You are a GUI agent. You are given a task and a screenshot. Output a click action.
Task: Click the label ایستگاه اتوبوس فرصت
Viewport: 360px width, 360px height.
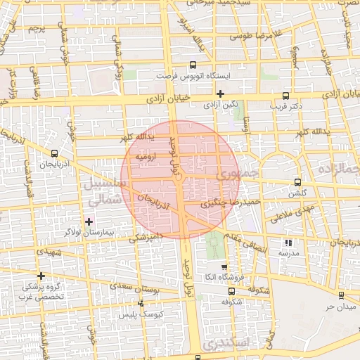click(x=207, y=75)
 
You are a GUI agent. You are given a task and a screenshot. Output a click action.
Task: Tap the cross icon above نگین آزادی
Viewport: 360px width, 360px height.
click(x=220, y=93)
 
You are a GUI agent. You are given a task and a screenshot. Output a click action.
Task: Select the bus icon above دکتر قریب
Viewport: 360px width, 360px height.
click(x=285, y=96)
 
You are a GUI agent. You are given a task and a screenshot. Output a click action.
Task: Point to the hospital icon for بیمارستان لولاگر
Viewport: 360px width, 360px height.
click(x=89, y=222)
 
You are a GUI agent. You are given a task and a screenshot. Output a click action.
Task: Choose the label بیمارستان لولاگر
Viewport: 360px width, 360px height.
click(x=89, y=231)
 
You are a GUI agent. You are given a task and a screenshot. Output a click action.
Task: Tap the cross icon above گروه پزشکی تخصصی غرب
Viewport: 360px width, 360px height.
click(x=41, y=276)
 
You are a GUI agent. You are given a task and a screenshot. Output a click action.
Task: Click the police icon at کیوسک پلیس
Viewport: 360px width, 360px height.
click(x=141, y=303)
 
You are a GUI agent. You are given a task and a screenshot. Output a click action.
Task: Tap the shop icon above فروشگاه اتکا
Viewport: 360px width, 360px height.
click(x=224, y=267)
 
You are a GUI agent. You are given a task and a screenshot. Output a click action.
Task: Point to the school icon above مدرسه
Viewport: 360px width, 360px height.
click(x=288, y=243)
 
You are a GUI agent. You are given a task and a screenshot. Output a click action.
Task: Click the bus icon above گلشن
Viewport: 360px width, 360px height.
click(x=298, y=181)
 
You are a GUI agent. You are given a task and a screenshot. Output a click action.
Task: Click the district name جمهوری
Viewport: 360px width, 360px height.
click(x=240, y=173)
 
